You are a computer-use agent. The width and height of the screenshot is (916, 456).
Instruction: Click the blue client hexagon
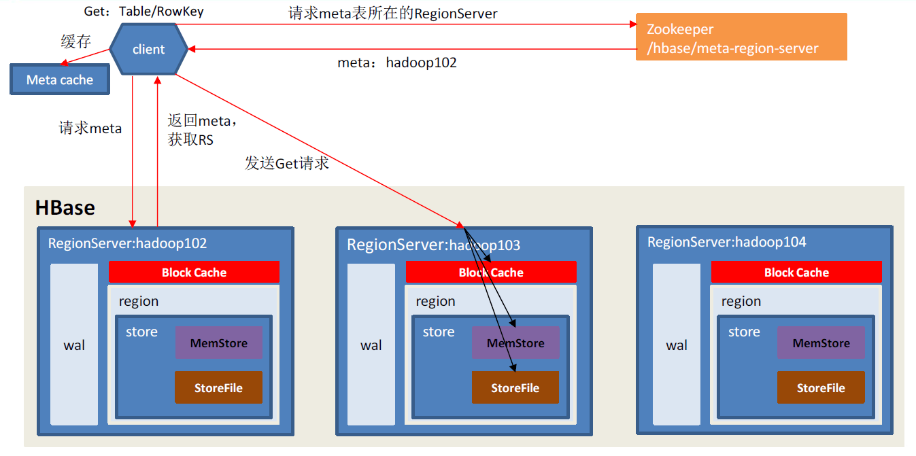pyautogui.click(x=148, y=49)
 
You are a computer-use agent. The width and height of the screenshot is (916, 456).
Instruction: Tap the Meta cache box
pyautogui.click(x=60, y=80)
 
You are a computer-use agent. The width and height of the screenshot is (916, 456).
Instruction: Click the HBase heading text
pyautogui.click(x=65, y=207)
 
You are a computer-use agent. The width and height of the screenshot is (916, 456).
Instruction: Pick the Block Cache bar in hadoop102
pyautogui.click(x=194, y=273)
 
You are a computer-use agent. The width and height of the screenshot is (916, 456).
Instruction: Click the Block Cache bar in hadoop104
pyautogui.click(x=796, y=273)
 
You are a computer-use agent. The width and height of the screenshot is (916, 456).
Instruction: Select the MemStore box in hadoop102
pyautogui.click(x=218, y=343)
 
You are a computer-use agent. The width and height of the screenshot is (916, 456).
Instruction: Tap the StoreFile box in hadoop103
pyautogui.click(x=515, y=388)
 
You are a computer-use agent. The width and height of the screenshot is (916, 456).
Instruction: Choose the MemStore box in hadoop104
pyautogui.click(x=821, y=343)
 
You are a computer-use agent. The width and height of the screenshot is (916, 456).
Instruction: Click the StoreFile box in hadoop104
pyautogui.click(x=821, y=388)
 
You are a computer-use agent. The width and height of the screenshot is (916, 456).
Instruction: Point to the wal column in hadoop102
pyautogui.click(x=74, y=345)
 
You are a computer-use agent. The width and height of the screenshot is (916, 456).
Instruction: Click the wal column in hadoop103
pyautogui.click(x=371, y=345)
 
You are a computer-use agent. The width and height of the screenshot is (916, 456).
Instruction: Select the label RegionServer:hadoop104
pyautogui.click(x=726, y=242)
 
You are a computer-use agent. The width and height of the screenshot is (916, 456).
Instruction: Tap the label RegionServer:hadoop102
pyautogui.click(x=127, y=243)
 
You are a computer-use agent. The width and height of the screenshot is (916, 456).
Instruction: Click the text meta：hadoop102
pyautogui.click(x=397, y=63)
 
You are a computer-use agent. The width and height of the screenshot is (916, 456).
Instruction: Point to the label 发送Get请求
pyautogui.click(x=287, y=163)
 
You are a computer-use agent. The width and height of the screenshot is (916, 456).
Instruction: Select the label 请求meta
pyautogui.click(x=90, y=128)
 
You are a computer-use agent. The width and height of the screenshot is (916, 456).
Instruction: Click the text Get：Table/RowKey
pyautogui.click(x=143, y=12)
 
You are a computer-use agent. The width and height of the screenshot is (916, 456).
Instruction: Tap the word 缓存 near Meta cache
pyautogui.click(x=75, y=41)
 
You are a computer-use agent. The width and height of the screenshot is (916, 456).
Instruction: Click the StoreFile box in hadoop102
pyautogui.click(x=218, y=388)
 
